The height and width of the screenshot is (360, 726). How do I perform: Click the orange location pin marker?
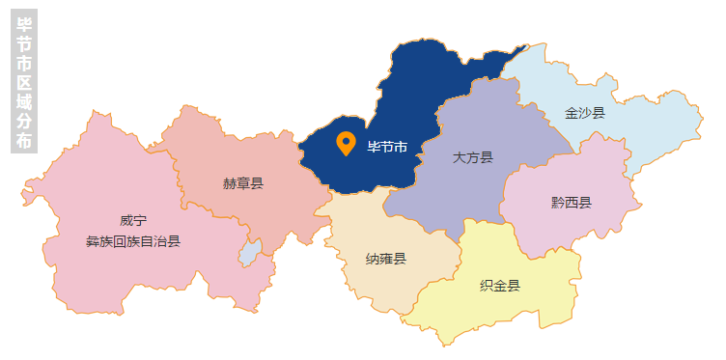pyautogui.click(x=345, y=143)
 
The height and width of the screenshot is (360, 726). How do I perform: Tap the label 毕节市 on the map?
pyautogui.click(x=388, y=148)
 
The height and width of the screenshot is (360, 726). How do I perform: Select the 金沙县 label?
pyautogui.click(x=585, y=113)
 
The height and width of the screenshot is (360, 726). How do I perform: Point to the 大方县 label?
pyautogui.click(x=473, y=157)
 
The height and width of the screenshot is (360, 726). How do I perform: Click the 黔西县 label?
pyautogui.click(x=572, y=203)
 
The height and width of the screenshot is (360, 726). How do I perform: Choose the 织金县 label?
pyautogui.click(x=500, y=286)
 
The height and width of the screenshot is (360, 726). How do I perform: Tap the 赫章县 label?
pyautogui.click(x=243, y=182)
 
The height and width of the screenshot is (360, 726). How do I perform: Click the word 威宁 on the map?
pyautogui.click(x=133, y=222)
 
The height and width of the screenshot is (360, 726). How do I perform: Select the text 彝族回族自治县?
pyautogui.click(x=133, y=241)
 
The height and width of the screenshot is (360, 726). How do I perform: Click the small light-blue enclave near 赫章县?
pyautogui.click(x=249, y=253)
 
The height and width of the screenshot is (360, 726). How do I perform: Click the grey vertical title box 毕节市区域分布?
pyautogui.click(x=24, y=81)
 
